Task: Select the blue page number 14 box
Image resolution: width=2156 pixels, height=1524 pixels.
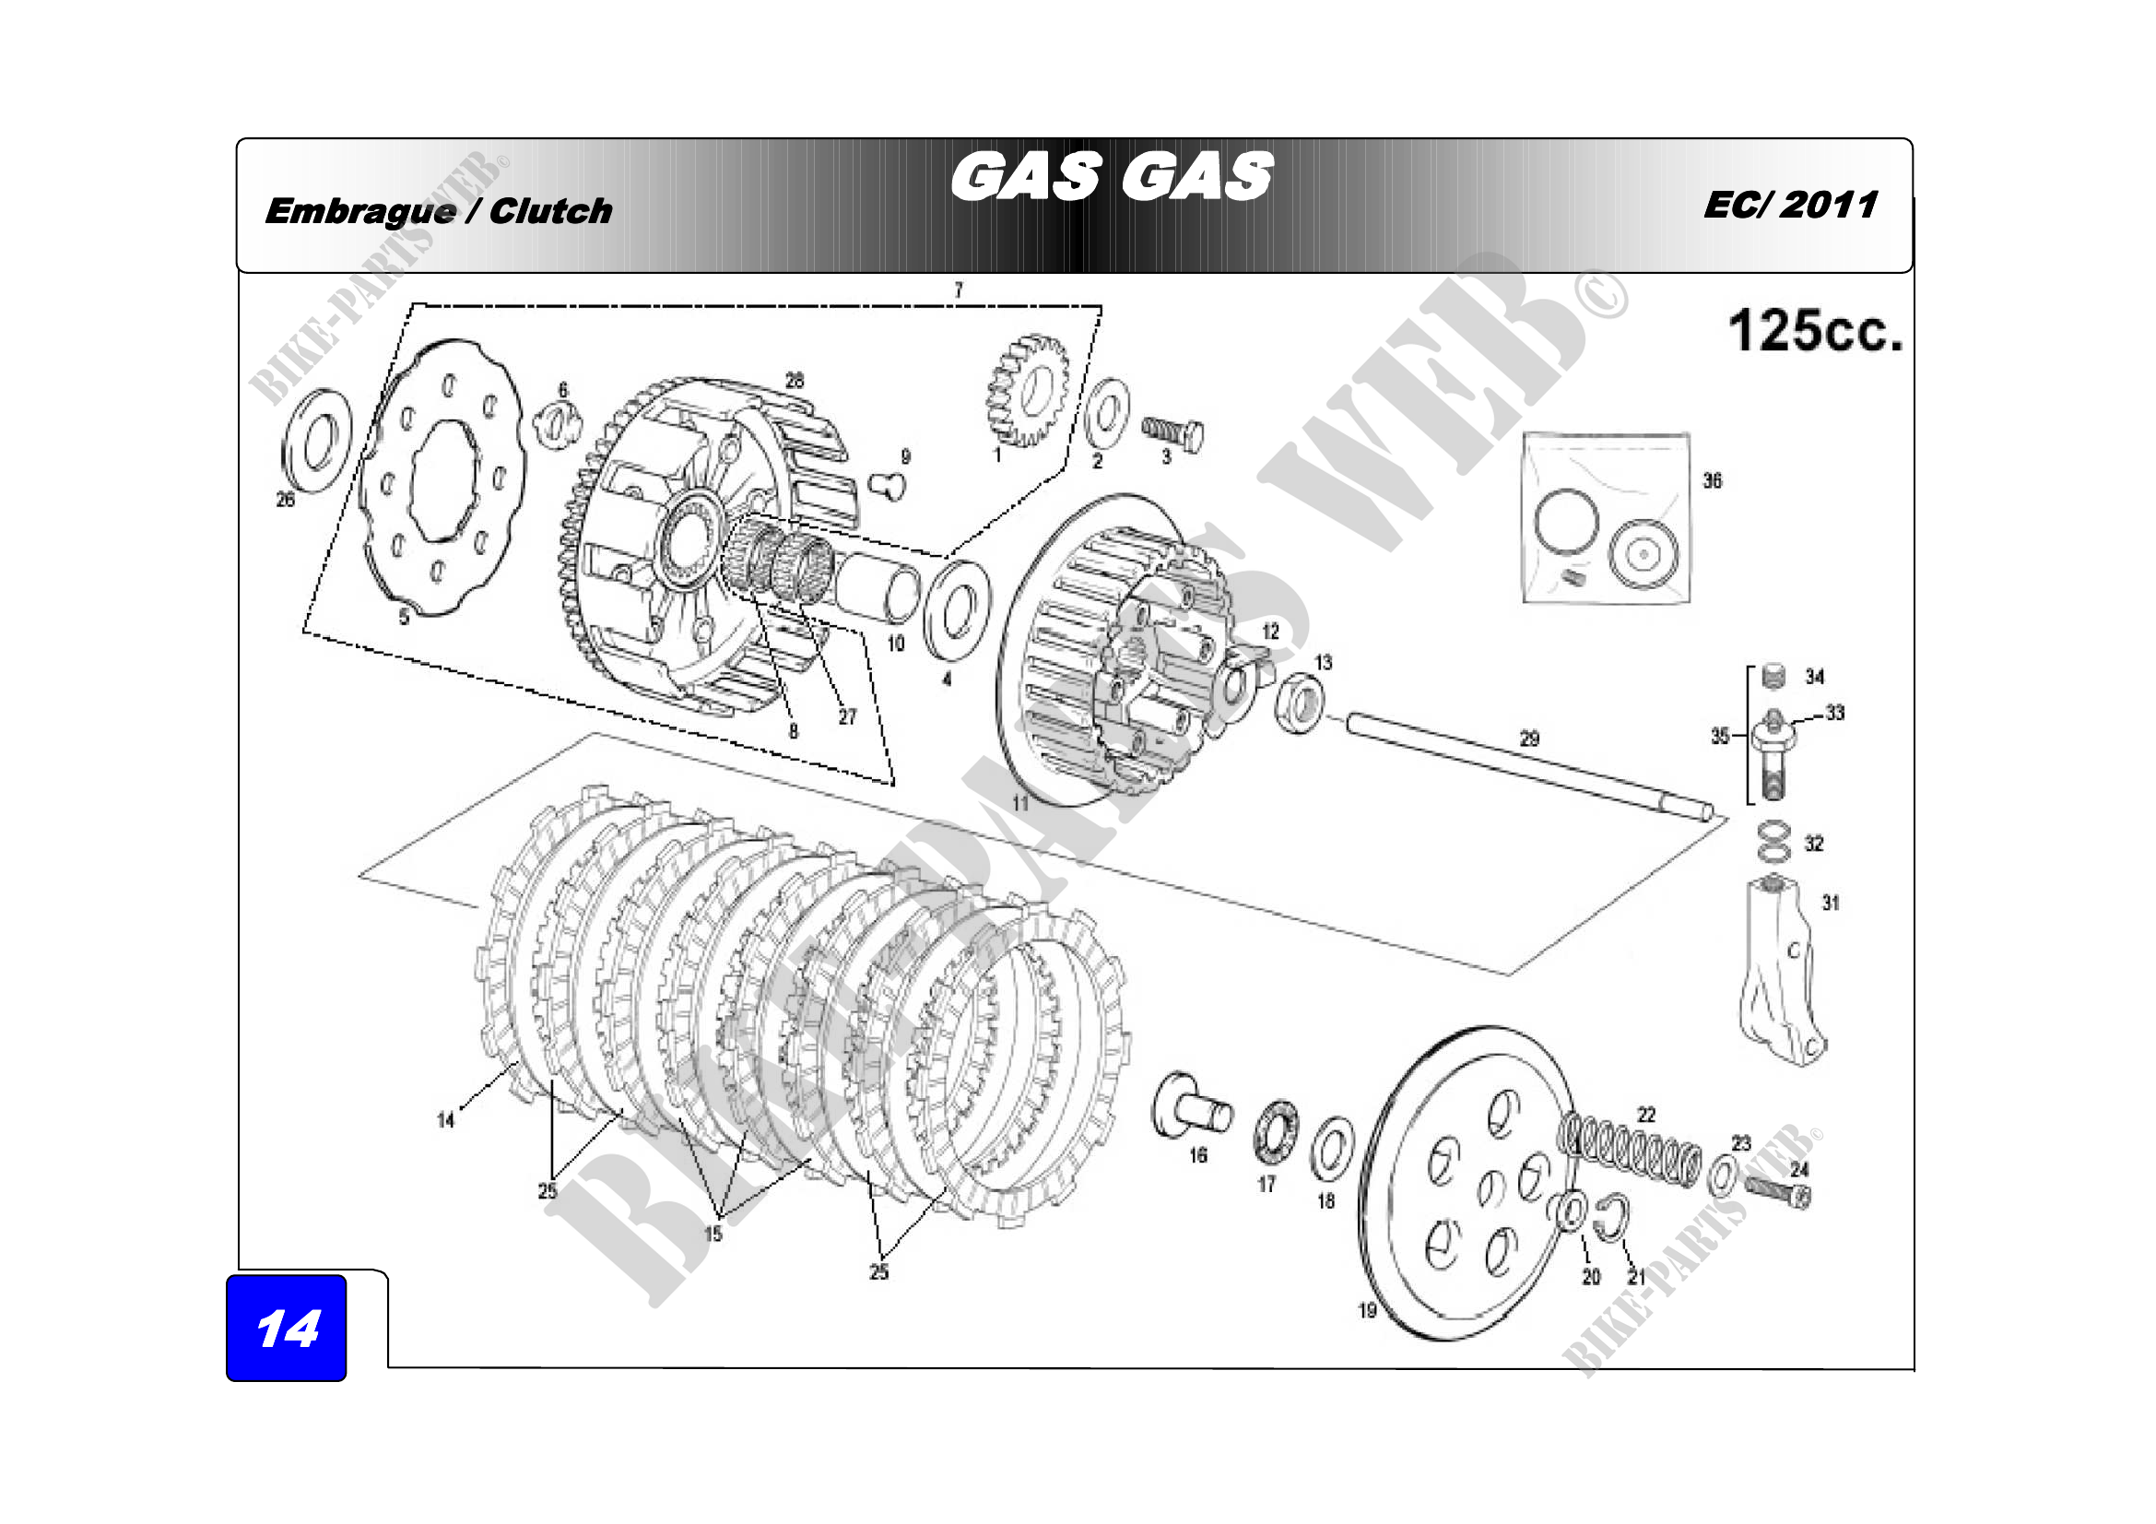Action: pyautogui.click(x=287, y=1327)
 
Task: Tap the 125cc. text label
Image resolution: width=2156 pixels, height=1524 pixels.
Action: pyautogui.click(x=1814, y=332)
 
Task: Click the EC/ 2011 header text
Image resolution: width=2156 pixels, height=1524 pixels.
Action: pyautogui.click(x=1790, y=206)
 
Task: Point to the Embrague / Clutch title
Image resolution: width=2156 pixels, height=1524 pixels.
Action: pyautogui.click(x=439, y=211)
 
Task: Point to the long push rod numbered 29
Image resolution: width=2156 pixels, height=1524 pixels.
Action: pyautogui.click(x=1528, y=766)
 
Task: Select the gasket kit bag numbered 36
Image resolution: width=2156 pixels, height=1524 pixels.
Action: pyautogui.click(x=1605, y=518)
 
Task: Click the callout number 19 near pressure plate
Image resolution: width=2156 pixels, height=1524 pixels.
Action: pyautogui.click(x=1367, y=1310)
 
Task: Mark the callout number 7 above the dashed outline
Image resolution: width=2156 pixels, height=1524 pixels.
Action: pyautogui.click(x=958, y=290)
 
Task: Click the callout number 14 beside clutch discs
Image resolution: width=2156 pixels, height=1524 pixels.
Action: pyautogui.click(x=446, y=1119)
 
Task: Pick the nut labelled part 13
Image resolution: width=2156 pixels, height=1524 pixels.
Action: pyautogui.click(x=1300, y=702)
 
